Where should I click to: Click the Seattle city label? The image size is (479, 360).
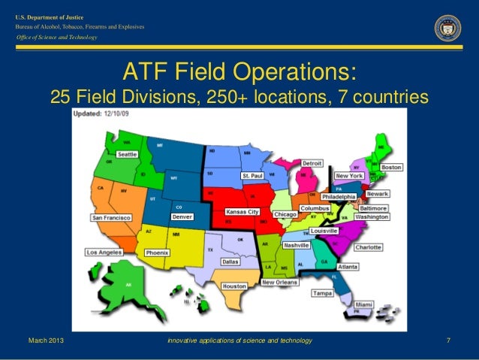click(x=127, y=155)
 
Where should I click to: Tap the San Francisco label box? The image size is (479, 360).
click(x=111, y=218)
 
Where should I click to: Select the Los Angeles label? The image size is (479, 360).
click(x=104, y=253)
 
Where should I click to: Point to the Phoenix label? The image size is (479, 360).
click(x=157, y=253)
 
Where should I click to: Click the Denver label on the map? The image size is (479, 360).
click(x=182, y=216)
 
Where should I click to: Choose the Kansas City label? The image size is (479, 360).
click(x=243, y=212)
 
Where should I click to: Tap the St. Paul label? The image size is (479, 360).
click(x=252, y=175)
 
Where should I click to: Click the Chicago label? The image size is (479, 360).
click(x=285, y=215)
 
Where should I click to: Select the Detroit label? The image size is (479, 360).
click(x=312, y=162)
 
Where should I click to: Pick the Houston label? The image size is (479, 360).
click(x=234, y=286)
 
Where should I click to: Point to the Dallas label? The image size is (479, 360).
click(x=230, y=262)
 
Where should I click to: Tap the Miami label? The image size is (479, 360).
click(x=364, y=304)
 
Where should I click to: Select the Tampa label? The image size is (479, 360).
click(x=323, y=293)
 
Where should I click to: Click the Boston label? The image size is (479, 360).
click(x=391, y=167)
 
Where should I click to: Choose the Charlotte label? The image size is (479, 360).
click(x=368, y=247)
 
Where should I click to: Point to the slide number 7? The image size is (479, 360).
click(x=448, y=342)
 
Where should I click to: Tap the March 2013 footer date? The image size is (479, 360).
click(x=46, y=342)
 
